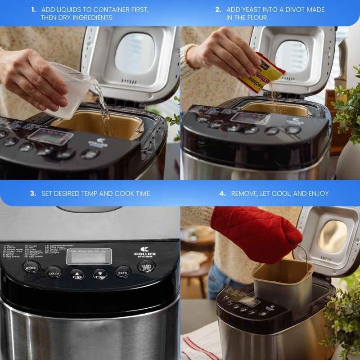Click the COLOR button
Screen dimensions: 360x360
54,272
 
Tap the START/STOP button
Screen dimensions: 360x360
146,266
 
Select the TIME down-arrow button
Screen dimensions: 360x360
100,274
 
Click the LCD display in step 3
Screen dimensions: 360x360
89,256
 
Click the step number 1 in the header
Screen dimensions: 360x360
34,9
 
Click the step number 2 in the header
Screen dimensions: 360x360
218,9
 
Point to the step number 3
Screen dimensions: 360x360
33,193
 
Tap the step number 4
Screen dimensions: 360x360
222,193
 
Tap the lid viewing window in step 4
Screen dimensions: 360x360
333,236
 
